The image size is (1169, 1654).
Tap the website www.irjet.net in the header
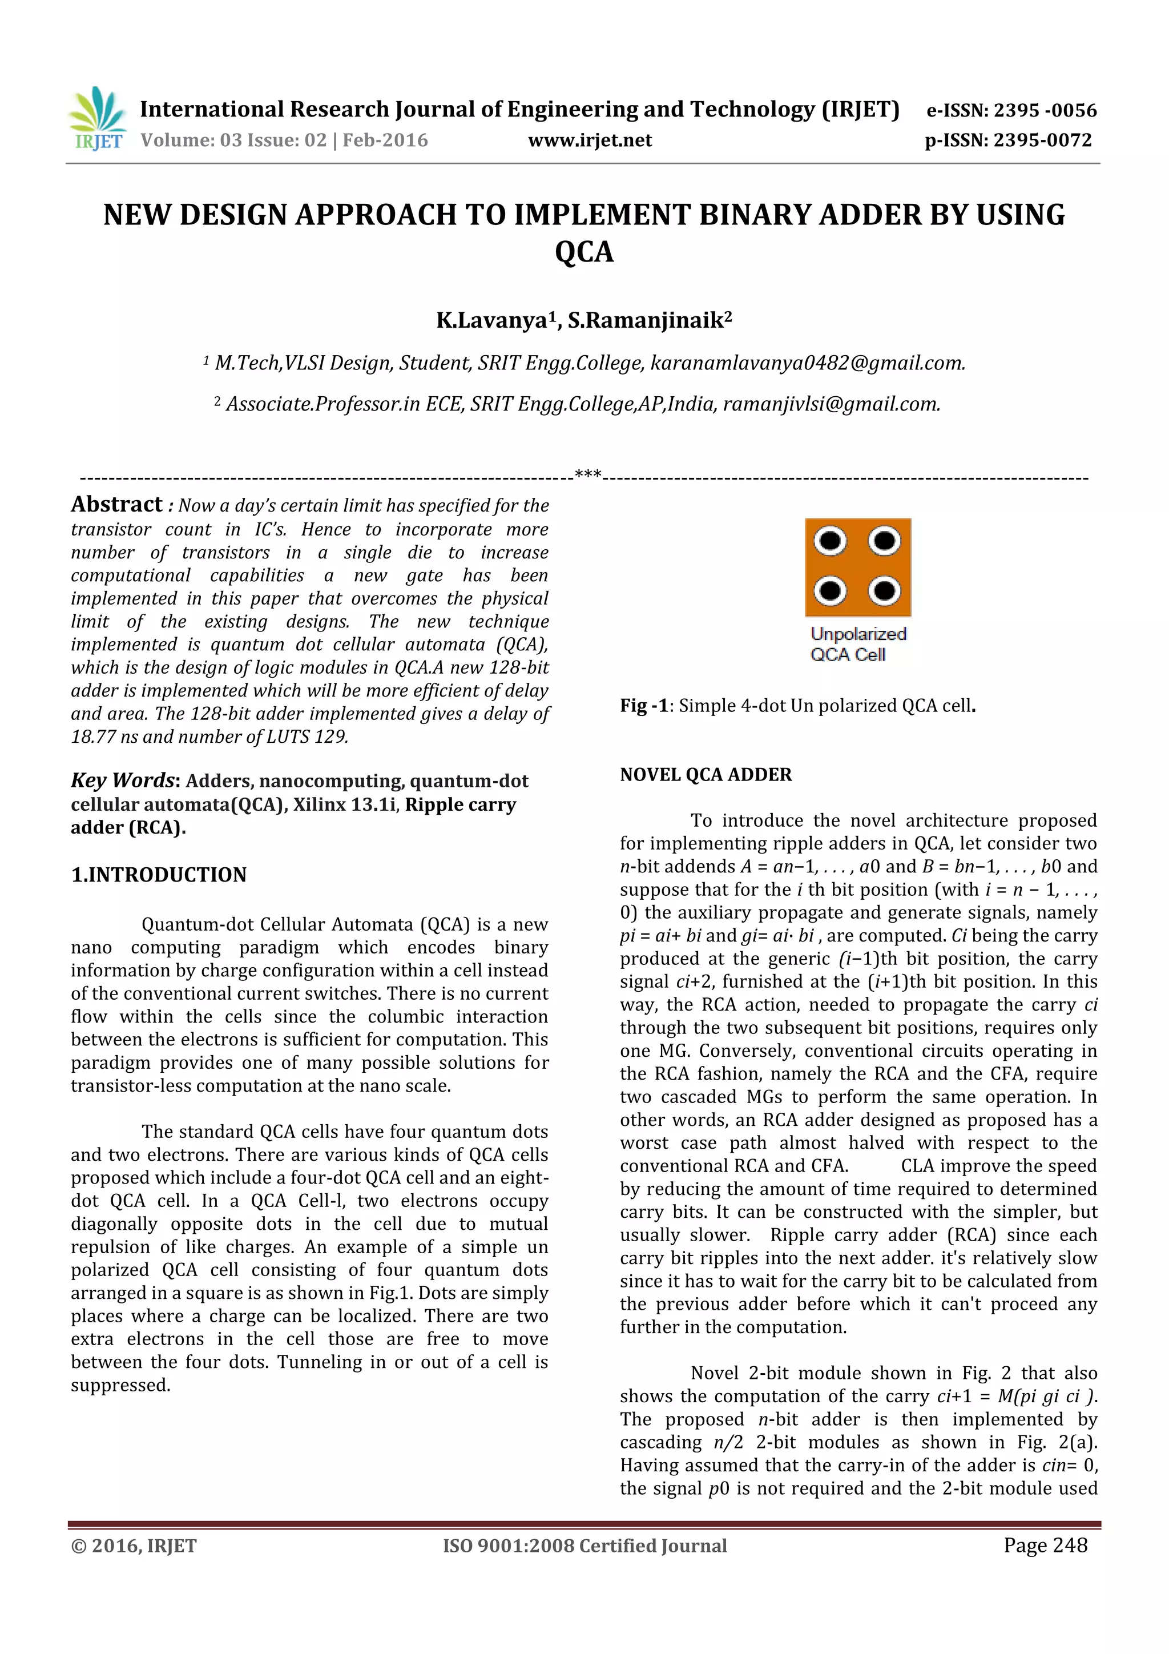[589, 140]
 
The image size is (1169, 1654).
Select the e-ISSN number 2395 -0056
[1045, 110]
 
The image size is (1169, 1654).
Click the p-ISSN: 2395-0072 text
[1009, 140]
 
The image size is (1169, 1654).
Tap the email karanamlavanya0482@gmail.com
[807, 363]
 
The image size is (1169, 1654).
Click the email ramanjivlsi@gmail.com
[831, 404]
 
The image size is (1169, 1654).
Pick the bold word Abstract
[116, 504]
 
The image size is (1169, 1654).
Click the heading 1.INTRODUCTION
[159, 875]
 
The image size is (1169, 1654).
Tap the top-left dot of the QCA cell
[831, 541]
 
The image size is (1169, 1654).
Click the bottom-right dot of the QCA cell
[885, 591]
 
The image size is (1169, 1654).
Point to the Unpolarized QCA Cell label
[857, 644]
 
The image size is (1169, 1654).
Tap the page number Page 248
[1045, 1544]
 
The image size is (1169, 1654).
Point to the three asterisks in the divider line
[588, 474]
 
